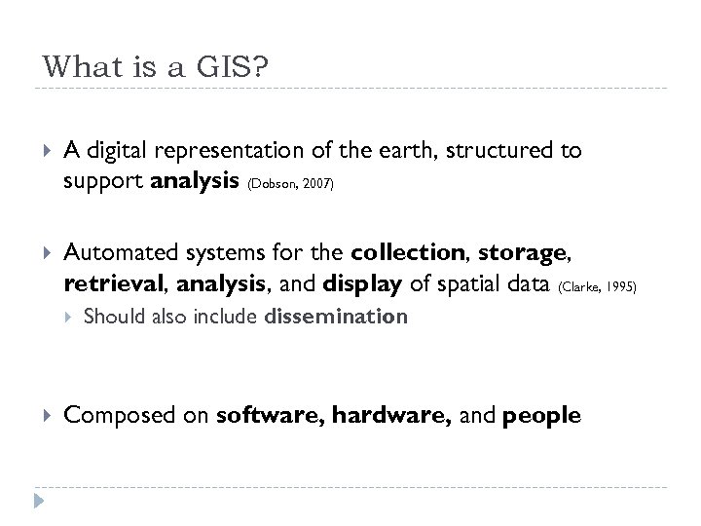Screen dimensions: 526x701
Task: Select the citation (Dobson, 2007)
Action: (292, 183)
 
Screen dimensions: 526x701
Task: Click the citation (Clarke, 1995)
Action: (597, 287)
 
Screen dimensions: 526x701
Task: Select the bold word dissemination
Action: (336, 317)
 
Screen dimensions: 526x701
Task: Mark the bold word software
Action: (270, 416)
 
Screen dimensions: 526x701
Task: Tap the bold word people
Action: (537, 416)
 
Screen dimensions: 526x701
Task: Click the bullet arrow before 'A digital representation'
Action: (40, 151)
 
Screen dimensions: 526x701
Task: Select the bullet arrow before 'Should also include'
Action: (66, 317)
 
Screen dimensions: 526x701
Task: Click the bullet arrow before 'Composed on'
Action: (40, 416)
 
